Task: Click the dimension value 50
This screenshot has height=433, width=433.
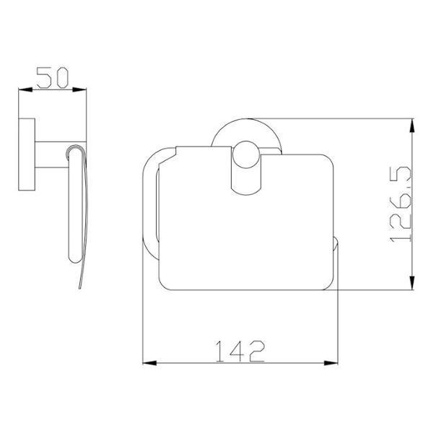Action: pos(52,78)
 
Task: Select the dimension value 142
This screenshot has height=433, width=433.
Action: pos(240,351)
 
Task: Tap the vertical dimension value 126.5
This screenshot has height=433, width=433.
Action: pos(401,204)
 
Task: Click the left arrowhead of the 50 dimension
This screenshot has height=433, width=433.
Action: pos(25,89)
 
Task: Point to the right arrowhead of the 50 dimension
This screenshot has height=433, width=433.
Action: pos(79,89)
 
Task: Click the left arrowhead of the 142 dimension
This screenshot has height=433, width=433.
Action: pos(149,363)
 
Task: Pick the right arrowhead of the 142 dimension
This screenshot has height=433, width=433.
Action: pos(331,363)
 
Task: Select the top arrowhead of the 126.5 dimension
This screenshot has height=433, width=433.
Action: pos(412,126)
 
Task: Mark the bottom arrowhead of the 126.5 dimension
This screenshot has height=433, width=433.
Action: pos(412,282)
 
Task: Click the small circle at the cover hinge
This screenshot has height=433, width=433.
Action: pos(246,154)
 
